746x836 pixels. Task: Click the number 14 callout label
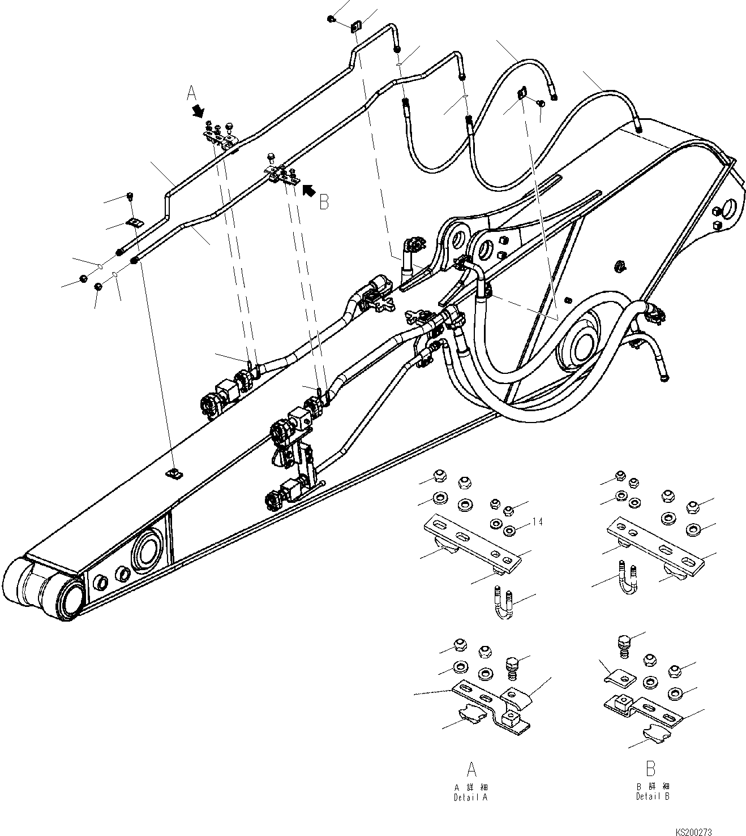(x=537, y=522)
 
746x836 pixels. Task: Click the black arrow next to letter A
(x=198, y=110)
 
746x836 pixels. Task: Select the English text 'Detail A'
(x=470, y=797)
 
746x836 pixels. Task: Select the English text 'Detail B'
(x=652, y=796)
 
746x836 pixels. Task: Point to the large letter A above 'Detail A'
(x=471, y=770)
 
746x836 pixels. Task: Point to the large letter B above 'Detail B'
(x=651, y=769)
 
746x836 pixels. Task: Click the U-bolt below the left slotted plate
(x=503, y=602)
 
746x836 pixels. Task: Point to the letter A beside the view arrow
(x=191, y=93)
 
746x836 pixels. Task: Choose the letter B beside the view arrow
(x=324, y=202)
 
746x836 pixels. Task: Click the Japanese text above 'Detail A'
(x=471, y=787)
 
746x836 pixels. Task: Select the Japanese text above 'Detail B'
(x=652, y=786)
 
